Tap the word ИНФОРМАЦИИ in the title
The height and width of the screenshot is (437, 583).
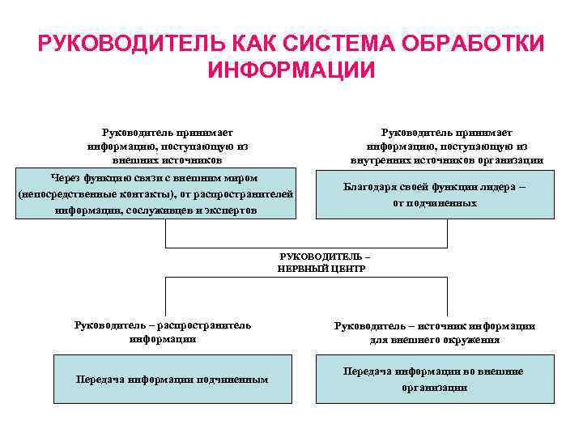[291, 70]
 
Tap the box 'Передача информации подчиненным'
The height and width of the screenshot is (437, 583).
[172, 379]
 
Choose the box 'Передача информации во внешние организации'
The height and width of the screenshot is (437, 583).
[434, 379]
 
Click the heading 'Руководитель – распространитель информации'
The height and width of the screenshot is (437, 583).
[163, 332]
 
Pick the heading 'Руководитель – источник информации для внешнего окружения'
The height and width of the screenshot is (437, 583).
[434, 333]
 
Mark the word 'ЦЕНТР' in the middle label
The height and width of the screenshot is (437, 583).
[348, 268]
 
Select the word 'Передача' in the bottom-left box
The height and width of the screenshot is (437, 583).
[100, 379]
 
